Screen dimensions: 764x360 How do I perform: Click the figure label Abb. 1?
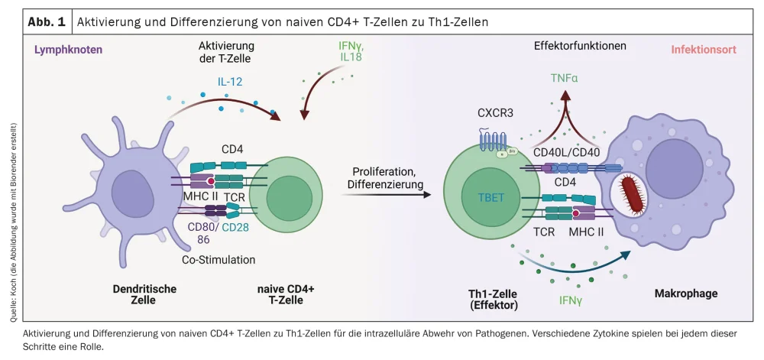(47, 21)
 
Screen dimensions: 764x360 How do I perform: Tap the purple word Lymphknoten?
(68, 49)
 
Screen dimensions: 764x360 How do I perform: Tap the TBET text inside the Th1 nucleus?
(491, 198)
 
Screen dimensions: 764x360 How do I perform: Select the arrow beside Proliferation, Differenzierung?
(387, 195)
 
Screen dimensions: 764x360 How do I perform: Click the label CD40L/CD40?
(565, 154)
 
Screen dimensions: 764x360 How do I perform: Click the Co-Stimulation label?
(219, 259)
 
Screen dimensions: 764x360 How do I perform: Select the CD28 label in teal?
(236, 226)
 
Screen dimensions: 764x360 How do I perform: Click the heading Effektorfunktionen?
(580, 47)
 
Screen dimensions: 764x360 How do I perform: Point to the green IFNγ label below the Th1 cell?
(569, 300)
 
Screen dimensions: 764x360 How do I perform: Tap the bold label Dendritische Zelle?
(144, 294)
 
